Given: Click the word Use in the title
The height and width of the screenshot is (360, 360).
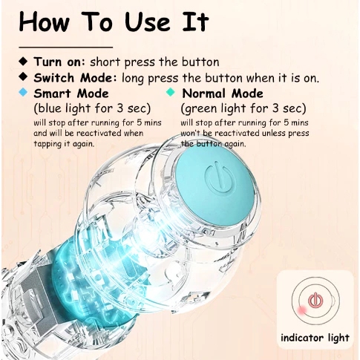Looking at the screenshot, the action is [x=148, y=22].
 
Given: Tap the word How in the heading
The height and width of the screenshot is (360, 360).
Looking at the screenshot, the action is [x=45, y=22].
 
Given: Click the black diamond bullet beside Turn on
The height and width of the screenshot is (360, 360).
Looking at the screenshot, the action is [x=23, y=61].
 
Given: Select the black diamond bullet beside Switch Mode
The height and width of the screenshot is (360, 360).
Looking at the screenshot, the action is [x=23, y=76].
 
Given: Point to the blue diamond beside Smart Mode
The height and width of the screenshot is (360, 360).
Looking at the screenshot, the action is [x=23, y=93].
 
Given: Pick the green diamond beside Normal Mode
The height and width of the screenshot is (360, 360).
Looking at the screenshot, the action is [x=171, y=93].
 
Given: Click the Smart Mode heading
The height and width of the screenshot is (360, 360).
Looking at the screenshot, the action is [x=71, y=94].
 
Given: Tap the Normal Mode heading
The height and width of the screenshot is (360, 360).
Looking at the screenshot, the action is [x=223, y=94].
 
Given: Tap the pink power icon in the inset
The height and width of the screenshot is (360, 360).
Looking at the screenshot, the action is [x=315, y=300].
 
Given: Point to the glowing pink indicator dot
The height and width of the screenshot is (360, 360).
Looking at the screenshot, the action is [x=302, y=310].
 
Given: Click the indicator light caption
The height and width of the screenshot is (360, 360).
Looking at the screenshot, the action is [x=315, y=338].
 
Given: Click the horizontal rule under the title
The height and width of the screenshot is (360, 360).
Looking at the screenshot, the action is [x=66, y=47].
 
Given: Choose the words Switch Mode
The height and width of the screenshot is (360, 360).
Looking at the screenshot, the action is [x=73, y=78].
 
